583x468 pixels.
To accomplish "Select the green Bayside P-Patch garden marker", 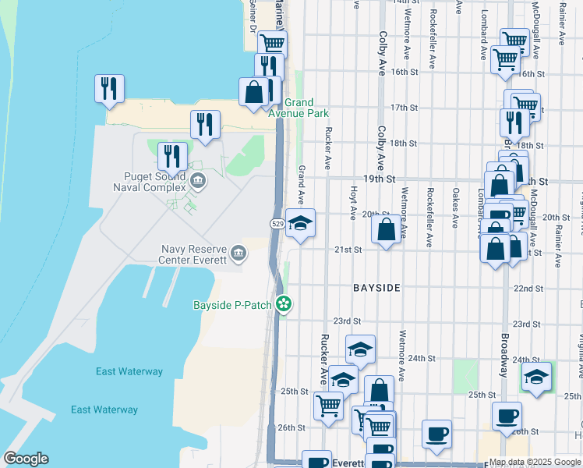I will tap(284, 304).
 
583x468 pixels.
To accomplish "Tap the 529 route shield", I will tap(277, 224).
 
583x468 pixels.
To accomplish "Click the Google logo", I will tap(26, 459).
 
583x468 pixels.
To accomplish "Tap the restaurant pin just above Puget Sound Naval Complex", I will tap(172, 155).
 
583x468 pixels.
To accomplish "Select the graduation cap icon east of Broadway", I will tap(535, 376).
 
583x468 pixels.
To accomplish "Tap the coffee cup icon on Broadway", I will tap(507, 416).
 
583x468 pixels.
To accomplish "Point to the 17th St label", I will tap(405, 108).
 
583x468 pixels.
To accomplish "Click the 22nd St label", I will tap(528, 289).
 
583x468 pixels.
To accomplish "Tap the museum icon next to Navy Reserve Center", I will tap(239, 252).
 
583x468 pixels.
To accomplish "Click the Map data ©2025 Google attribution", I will tap(535, 462).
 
